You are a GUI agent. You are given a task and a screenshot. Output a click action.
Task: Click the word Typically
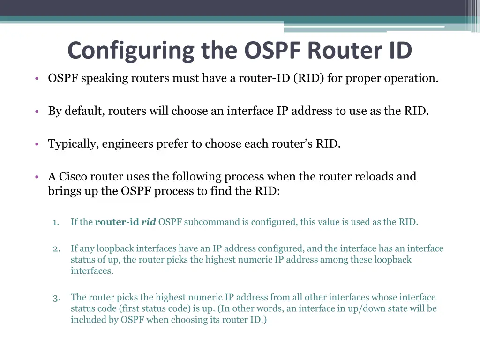73,144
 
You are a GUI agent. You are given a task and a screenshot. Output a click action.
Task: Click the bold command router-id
117,222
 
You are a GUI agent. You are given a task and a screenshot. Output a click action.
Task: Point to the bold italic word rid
149,222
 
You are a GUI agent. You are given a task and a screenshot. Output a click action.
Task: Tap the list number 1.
56,222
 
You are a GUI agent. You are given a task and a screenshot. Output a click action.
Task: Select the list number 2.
56,248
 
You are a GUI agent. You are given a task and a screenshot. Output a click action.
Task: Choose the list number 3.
56,298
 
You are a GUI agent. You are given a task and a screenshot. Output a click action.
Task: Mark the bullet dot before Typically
36,144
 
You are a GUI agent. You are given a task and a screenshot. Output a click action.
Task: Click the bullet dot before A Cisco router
36,177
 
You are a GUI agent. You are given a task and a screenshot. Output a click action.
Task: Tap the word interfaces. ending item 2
92,271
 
